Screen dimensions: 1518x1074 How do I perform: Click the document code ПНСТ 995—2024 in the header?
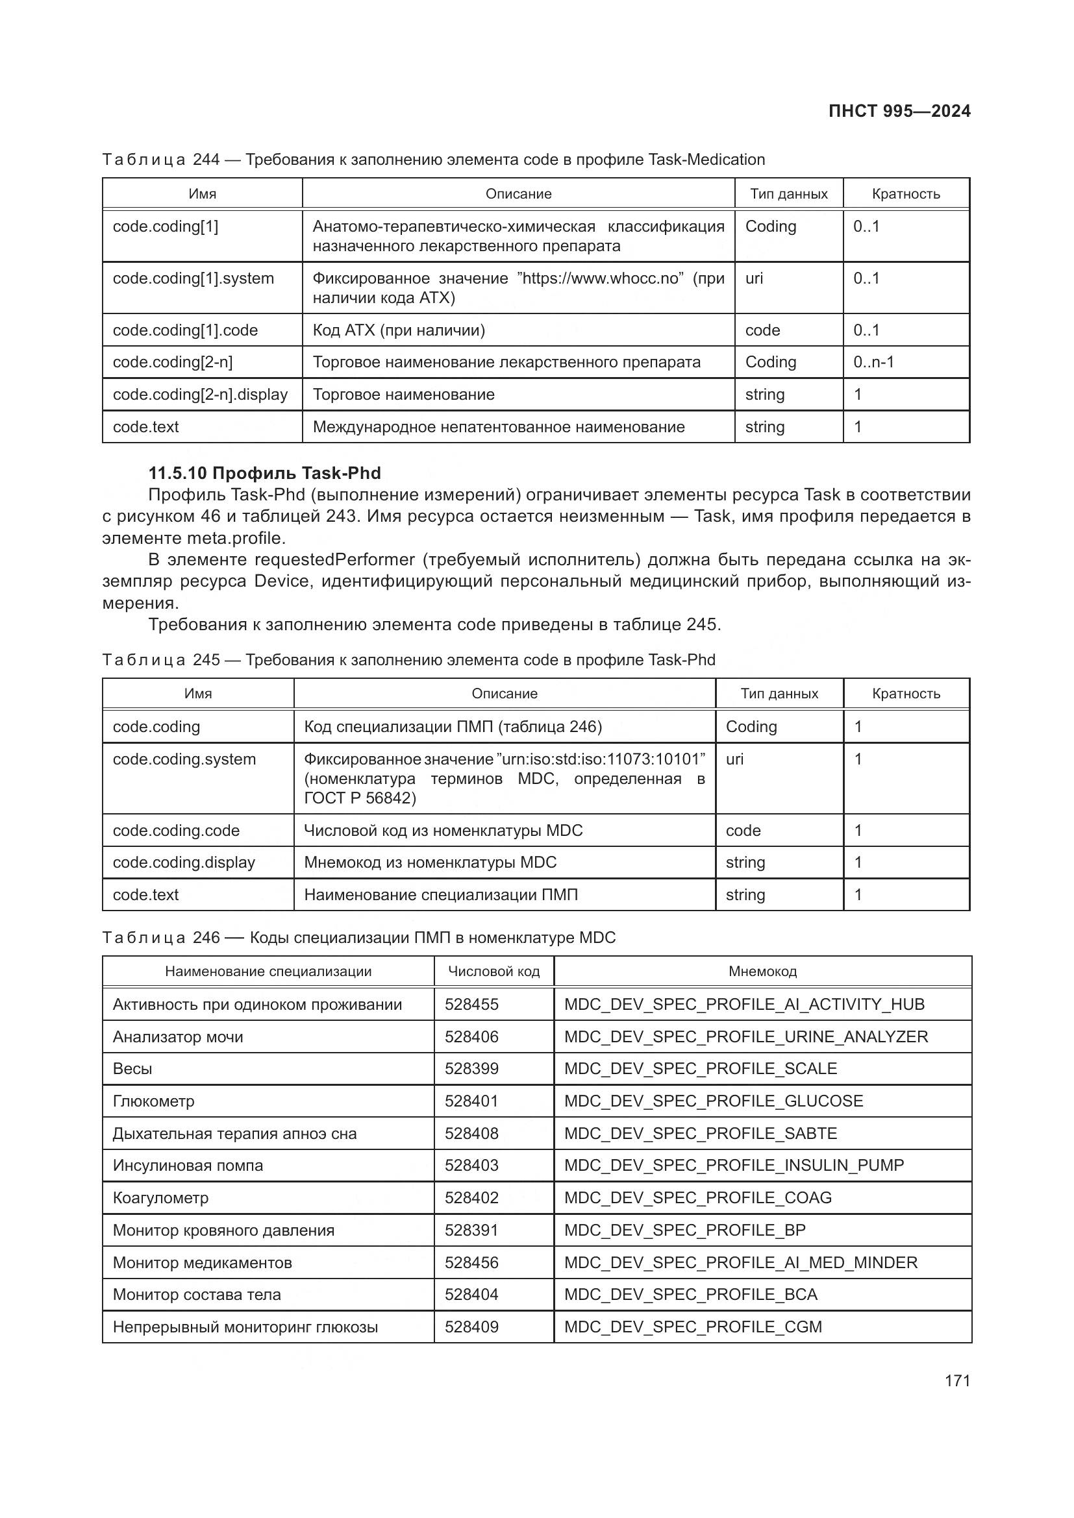(899, 111)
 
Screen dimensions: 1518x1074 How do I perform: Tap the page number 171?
(957, 1380)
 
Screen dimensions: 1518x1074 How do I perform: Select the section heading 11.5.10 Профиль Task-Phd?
(264, 472)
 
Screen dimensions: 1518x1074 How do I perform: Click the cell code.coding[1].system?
(193, 278)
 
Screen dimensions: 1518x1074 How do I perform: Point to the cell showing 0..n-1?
(873, 362)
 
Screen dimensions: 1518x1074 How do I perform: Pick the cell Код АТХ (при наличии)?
(399, 330)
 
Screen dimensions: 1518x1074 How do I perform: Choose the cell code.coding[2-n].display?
(200, 395)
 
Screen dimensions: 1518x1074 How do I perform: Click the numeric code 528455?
(471, 1004)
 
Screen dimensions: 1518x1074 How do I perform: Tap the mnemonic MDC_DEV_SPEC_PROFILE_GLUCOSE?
(714, 1101)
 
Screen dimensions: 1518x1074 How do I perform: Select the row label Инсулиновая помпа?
(188, 1166)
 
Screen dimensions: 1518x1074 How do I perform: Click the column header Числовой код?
(493, 972)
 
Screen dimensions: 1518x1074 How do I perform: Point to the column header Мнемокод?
(762, 972)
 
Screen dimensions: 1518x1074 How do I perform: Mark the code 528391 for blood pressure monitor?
(471, 1230)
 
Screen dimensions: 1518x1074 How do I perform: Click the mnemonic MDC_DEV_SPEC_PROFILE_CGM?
(692, 1327)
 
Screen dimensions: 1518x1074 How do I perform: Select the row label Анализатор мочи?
(178, 1036)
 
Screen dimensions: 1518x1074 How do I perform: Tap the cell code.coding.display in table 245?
(184, 863)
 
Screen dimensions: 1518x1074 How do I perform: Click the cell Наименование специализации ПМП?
(440, 895)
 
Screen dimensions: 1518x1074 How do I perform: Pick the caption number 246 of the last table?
(206, 938)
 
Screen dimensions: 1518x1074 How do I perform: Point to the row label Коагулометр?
(160, 1198)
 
